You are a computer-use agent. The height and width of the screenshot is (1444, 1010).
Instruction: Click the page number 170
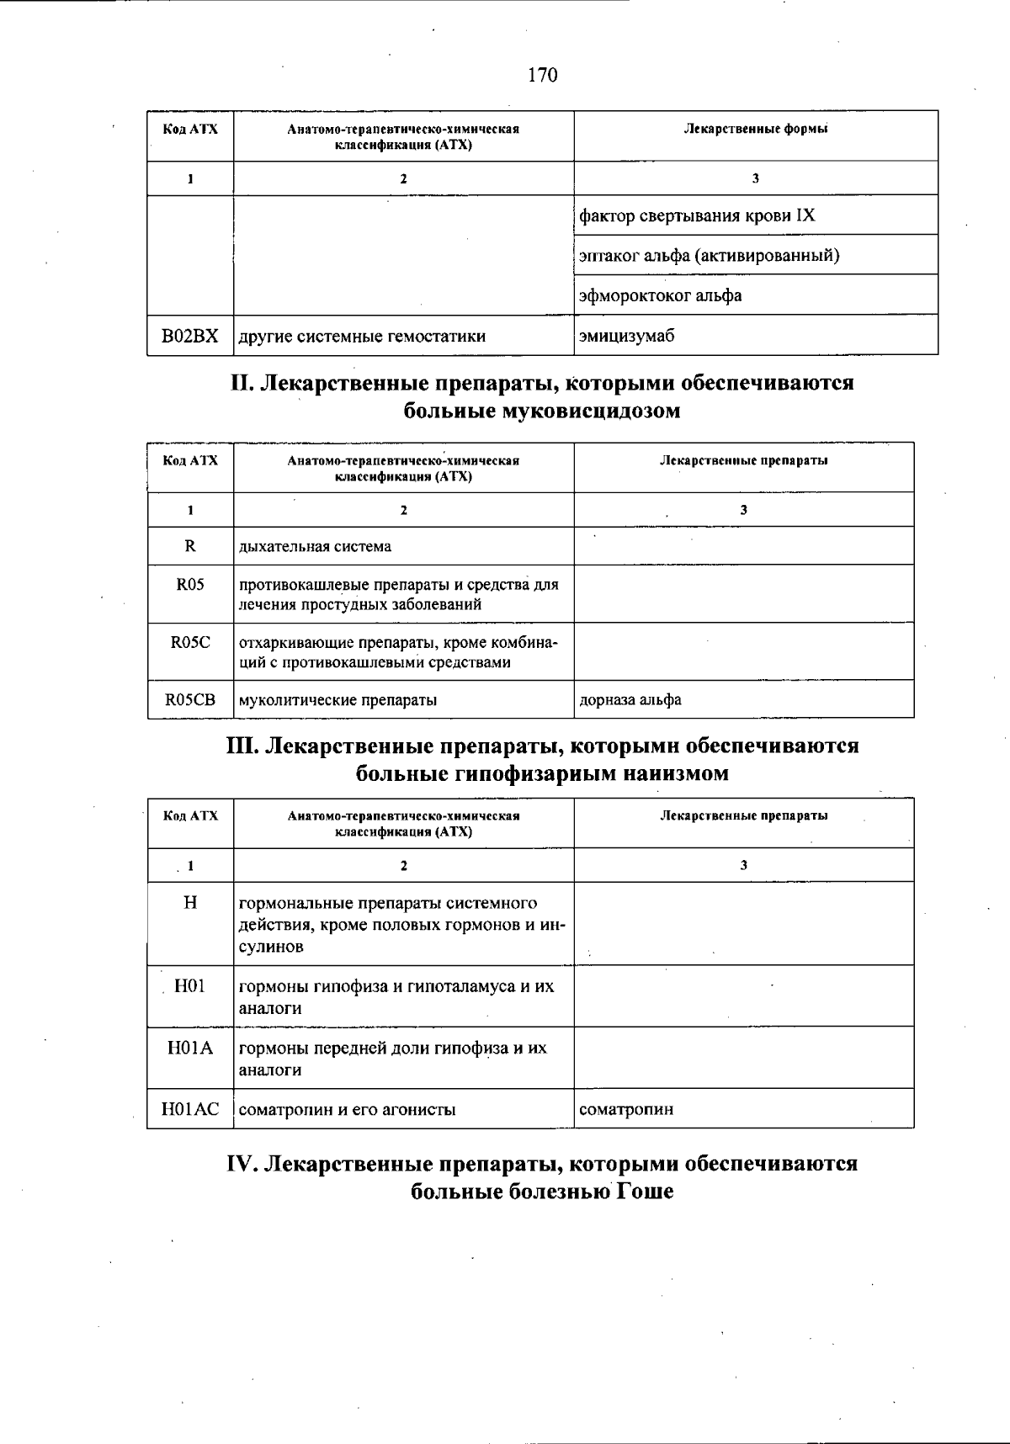coord(542,76)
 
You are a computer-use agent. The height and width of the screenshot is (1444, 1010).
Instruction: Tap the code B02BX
coord(190,336)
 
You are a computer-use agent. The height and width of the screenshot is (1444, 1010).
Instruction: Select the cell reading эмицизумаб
coord(627,336)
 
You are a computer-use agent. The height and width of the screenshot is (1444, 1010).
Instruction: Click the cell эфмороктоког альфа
coord(661,295)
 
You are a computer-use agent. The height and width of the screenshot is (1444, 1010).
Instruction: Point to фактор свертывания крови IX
coord(697,215)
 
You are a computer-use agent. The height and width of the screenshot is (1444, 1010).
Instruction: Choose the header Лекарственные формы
coord(755,129)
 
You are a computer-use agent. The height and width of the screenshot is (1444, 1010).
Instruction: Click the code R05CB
coord(190,699)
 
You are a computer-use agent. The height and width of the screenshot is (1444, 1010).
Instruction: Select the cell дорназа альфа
coord(630,699)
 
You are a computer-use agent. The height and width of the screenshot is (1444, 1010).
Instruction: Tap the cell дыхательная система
coord(315,546)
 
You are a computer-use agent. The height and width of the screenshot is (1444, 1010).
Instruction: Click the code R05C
coord(190,642)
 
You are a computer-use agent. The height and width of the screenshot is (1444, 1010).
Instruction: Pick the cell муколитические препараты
coord(338,699)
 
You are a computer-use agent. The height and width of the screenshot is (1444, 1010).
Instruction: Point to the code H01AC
coord(190,1109)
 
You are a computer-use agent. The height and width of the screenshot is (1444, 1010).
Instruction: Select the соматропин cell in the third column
coord(626,1109)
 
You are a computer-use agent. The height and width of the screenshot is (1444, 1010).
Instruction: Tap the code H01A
coord(190,1048)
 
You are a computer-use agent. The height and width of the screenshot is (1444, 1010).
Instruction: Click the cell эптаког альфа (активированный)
coord(709,255)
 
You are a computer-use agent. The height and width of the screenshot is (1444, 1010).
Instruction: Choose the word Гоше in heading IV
coord(645,1192)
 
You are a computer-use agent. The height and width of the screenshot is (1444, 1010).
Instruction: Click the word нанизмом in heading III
coord(675,773)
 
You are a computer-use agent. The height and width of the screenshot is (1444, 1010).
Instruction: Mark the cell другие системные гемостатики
coord(362,336)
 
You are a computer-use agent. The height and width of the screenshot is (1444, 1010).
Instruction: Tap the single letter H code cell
coord(190,903)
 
